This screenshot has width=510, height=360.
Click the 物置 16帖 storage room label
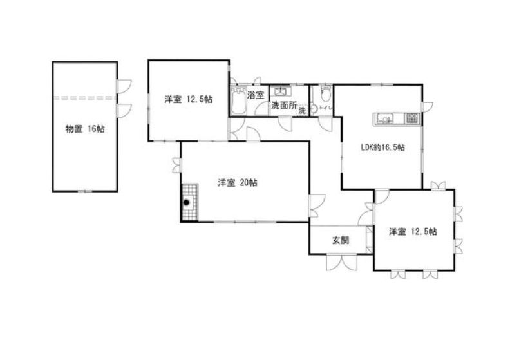tap(85, 129)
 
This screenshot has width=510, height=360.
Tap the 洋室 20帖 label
tap(238, 183)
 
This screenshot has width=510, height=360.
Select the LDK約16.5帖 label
tap(383, 147)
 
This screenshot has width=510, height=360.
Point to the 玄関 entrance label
tap(341, 240)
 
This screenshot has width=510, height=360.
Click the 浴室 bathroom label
tap(256, 95)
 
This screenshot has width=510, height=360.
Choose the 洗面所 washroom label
tap(284, 106)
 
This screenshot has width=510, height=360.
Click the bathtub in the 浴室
tap(238, 100)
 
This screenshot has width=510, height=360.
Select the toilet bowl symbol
tap(326, 93)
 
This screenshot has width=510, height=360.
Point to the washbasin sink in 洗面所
tap(279, 91)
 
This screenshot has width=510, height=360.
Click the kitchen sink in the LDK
tap(384, 118)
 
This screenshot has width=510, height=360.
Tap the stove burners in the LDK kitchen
tap(412, 118)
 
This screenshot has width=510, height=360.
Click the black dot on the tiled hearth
tap(186, 203)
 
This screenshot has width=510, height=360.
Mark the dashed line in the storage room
tap(85, 97)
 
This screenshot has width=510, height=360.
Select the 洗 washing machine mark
tap(302, 111)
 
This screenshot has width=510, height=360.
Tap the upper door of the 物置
tap(124, 86)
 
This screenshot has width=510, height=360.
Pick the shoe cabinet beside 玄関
tap(370, 240)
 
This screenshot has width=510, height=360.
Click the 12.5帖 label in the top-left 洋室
tap(199, 99)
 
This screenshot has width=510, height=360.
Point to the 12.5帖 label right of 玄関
tap(424, 232)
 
